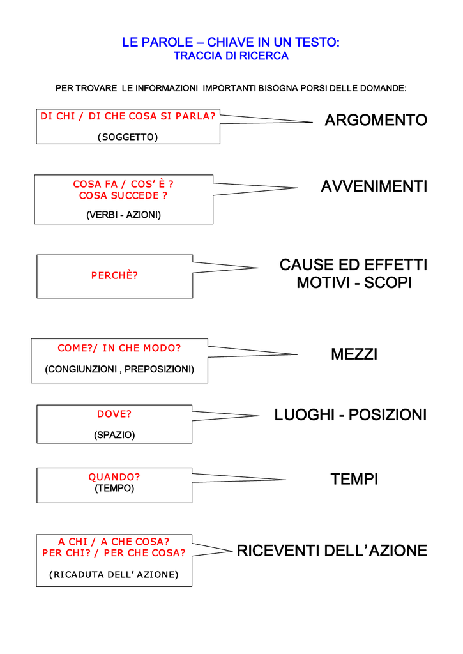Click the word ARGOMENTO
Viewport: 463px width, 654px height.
point(376,120)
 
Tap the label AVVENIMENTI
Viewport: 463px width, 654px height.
point(374,186)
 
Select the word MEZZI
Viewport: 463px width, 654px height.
point(354,354)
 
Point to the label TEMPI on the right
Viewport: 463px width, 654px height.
point(354,479)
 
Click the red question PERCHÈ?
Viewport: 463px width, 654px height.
point(114,275)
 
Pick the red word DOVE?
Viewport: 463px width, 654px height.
point(114,414)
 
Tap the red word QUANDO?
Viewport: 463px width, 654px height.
point(114,476)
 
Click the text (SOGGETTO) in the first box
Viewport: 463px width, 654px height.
point(128,137)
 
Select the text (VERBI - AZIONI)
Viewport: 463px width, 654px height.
point(123,215)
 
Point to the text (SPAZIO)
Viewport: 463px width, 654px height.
point(114,435)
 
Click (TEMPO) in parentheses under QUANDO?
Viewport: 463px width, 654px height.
point(114,488)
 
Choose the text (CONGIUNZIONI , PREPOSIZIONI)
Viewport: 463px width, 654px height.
point(119,369)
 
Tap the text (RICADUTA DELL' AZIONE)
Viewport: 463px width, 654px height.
point(114,574)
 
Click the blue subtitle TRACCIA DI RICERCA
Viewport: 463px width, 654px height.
point(231,56)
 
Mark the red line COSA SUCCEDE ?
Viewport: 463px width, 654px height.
point(123,195)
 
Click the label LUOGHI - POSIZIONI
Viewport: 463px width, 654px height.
point(351,415)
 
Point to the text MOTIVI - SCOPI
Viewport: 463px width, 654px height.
point(354,283)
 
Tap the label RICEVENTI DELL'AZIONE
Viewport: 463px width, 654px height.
point(332,551)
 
